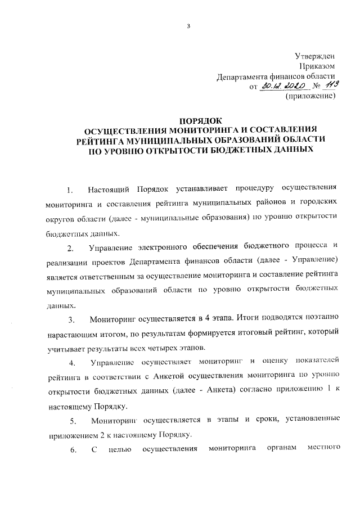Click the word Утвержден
(316, 56)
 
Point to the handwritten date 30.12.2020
(285, 86)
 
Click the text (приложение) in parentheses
(311, 97)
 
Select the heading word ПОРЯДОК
(201, 120)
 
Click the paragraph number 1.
(70, 188)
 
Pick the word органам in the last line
(278, 449)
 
